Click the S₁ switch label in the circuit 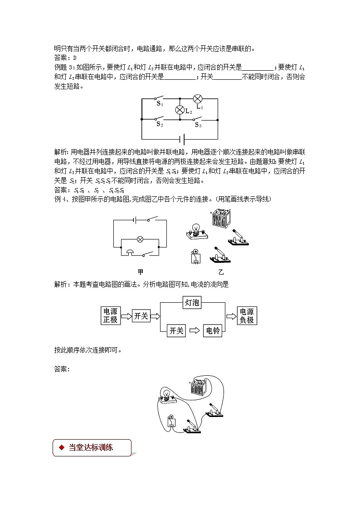click(160, 103)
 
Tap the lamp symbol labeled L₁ click(198, 99)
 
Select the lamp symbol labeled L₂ click(180, 110)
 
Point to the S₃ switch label click(198, 125)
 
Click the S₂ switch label click(160, 123)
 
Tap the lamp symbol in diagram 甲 click(140, 239)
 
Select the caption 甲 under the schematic click(140, 272)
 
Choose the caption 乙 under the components click(221, 272)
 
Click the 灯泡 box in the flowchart click(192, 303)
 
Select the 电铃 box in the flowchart click(213, 331)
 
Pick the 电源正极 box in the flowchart click(110, 316)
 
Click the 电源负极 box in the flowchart click(247, 316)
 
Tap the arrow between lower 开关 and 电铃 click(194, 331)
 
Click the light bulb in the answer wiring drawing click(166, 394)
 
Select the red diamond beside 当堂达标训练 click(61, 447)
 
